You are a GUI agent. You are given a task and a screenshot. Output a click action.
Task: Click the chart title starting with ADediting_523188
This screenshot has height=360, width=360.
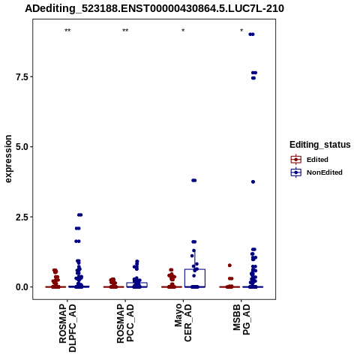click(x=154, y=9)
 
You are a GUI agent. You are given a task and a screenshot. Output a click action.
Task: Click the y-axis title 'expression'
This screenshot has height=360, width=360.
click(x=8, y=159)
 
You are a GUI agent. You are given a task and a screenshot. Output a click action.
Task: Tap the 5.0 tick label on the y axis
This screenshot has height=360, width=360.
click(x=22, y=147)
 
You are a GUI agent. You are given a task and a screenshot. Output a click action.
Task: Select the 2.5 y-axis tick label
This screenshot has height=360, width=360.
click(x=22, y=217)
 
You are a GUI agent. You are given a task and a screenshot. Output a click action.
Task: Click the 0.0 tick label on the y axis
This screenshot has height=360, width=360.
click(x=22, y=287)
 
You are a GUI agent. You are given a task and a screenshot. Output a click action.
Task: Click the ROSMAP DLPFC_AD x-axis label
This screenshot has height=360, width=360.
click(x=67, y=328)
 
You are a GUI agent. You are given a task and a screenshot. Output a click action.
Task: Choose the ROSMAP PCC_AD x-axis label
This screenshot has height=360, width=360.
click(x=125, y=323)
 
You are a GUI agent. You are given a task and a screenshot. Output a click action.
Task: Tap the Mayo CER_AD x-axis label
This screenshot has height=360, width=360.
click(x=183, y=322)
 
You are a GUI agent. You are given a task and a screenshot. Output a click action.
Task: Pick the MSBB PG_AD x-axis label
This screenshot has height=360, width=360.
click(x=241, y=319)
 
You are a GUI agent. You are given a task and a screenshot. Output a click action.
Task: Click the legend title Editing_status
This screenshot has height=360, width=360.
click(x=320, y=145)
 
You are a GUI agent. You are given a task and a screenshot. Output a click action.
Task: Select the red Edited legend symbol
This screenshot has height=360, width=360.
click(x=296, y=160)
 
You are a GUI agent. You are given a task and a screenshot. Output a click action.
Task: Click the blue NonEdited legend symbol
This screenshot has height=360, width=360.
click(x=296, y=172)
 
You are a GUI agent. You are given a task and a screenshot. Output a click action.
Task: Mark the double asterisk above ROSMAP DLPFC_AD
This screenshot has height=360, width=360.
click(x=67, y=31)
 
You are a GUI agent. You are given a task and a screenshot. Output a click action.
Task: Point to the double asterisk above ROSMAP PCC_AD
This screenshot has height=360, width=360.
click(x=125, y=31)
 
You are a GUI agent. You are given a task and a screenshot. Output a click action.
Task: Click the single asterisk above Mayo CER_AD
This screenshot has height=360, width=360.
click(x=183, y=31)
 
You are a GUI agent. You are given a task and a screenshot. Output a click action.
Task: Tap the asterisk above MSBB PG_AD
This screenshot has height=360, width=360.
click(x=241, y=31)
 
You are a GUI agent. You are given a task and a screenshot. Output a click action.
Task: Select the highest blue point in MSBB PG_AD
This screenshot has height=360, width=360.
click(x=251, y=34)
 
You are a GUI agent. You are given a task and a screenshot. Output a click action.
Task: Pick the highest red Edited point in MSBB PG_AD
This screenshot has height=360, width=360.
click(x=229, y=265)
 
